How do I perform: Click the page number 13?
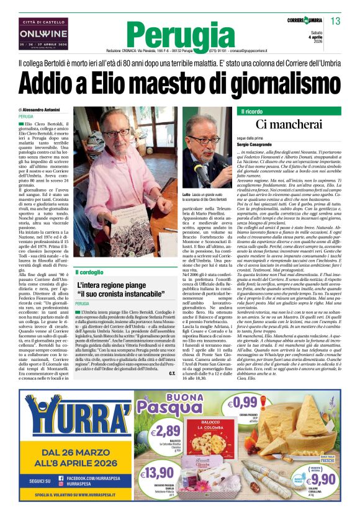336,22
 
